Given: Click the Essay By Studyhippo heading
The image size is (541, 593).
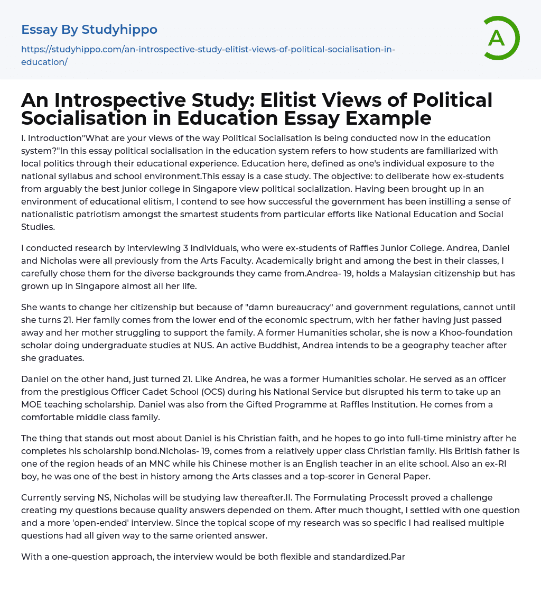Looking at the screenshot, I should [89, 30].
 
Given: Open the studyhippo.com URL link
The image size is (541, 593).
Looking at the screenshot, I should [208, 55].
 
